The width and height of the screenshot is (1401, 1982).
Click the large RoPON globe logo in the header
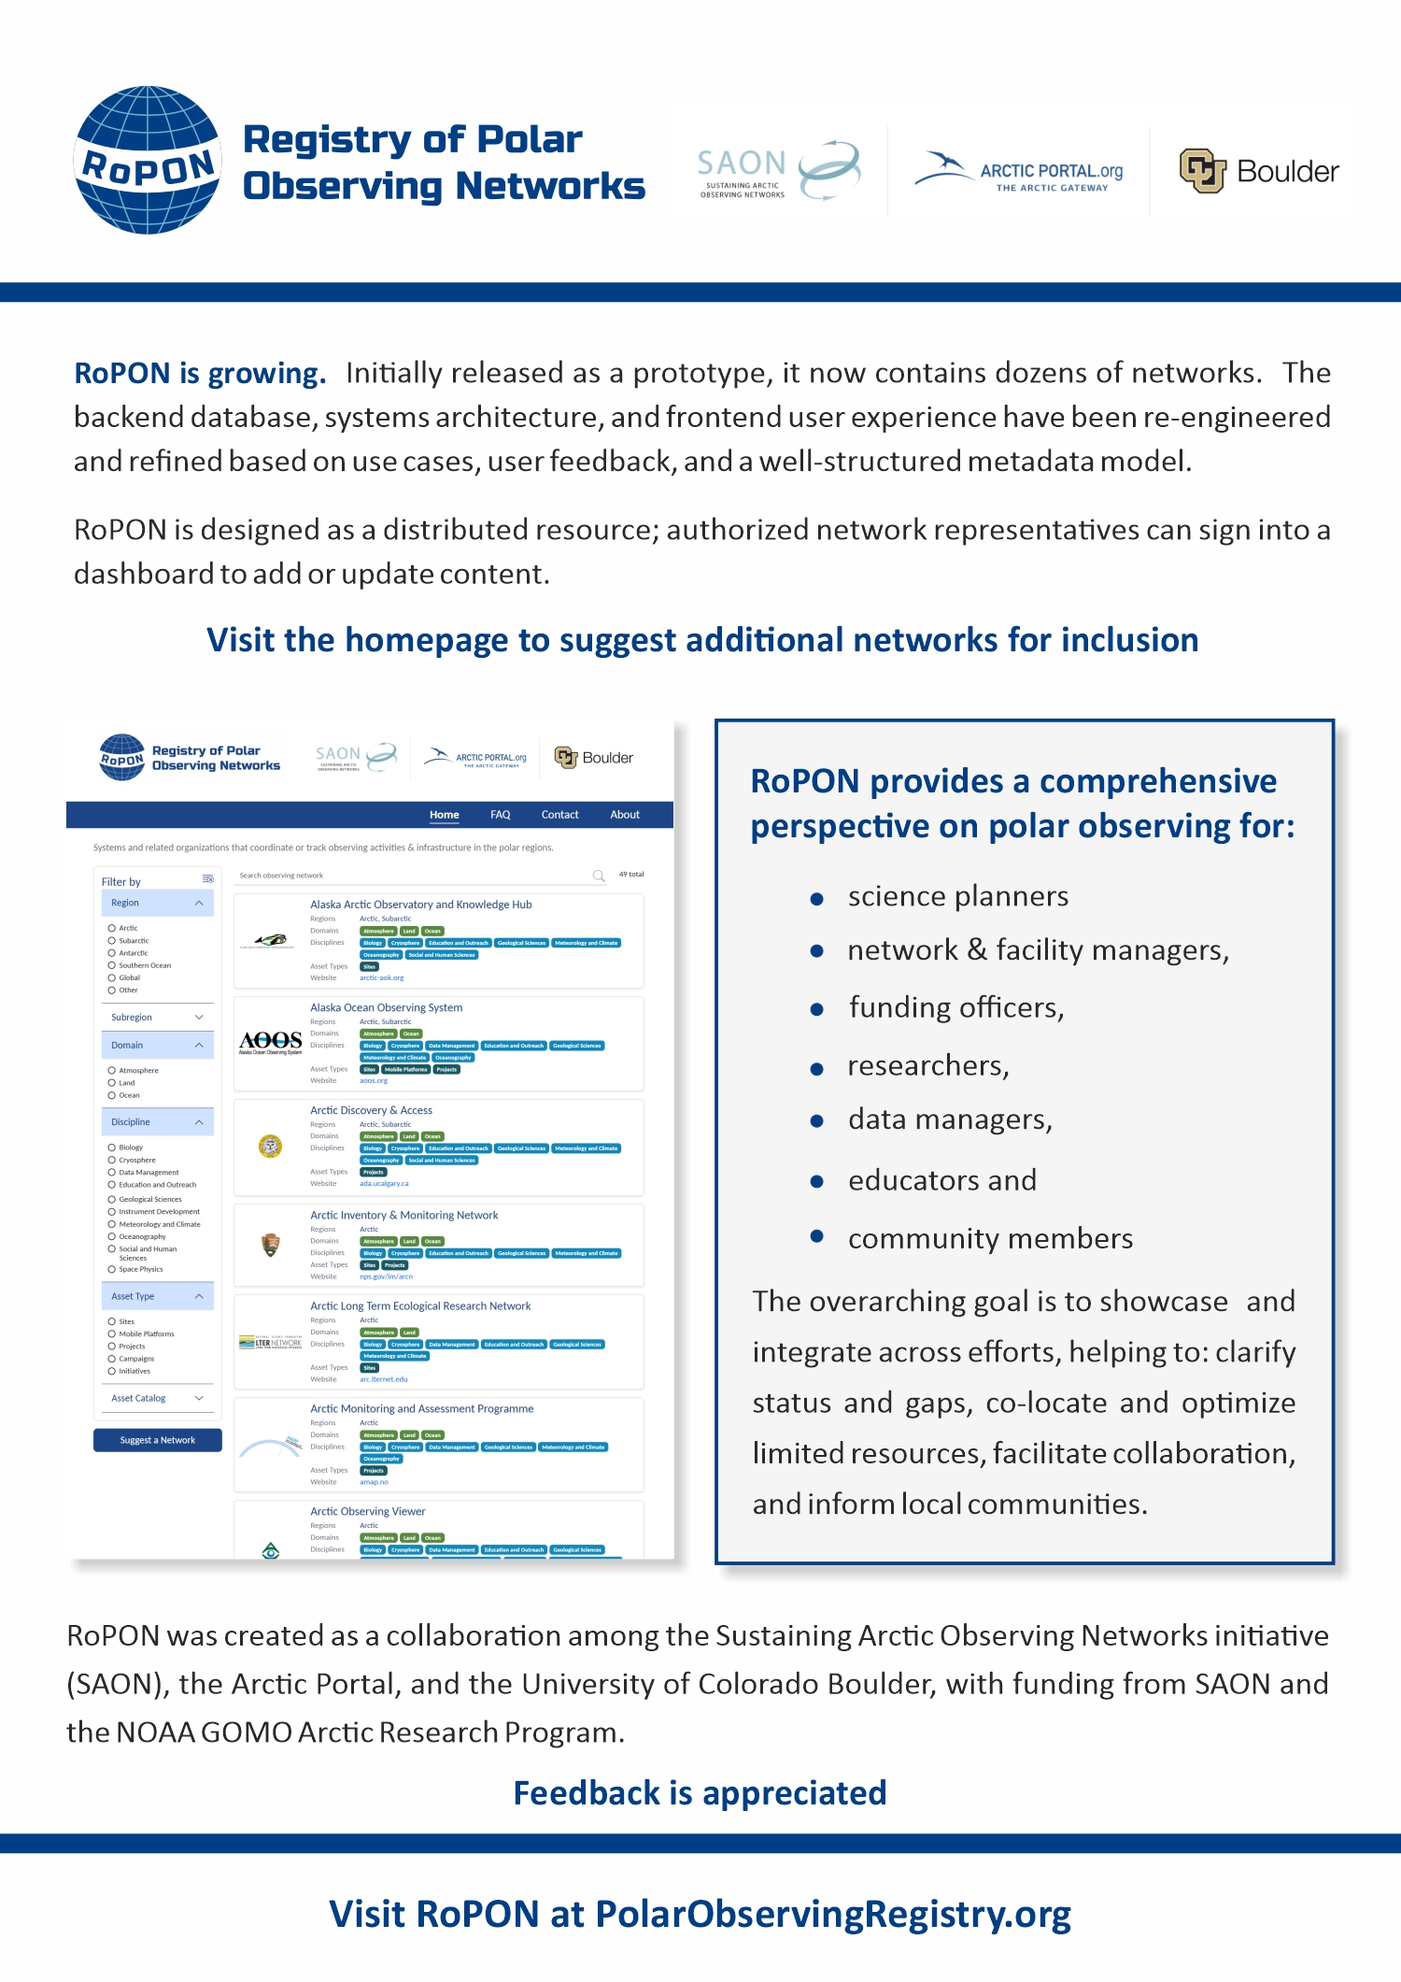point(148,160)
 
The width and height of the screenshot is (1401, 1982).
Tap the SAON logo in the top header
point(778,170)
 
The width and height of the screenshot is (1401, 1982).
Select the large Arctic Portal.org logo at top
point(1019,171)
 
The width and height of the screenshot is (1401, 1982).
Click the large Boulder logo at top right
point(1258,171)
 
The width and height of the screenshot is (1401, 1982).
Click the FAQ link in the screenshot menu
point(500,815)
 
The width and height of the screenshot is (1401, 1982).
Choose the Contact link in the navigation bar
point(559,815)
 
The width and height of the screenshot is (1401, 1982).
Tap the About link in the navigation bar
point(625,815)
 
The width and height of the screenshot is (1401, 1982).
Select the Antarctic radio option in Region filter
point(112,953)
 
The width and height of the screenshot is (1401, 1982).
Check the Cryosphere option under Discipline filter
point(112,1160)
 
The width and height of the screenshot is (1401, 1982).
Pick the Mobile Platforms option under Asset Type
point(112,1334)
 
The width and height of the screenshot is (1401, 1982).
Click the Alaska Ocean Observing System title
point(386,1007)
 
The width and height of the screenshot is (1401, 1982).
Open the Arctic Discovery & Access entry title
point(371,1110)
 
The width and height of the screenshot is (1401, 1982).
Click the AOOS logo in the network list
point(270,1042)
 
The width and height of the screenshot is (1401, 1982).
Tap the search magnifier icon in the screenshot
point(599,876)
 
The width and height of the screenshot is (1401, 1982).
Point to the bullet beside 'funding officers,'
point(817,1010)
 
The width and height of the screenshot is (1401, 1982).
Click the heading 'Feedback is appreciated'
point(700,1793)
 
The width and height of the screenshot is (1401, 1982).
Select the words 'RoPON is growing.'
point(200,373)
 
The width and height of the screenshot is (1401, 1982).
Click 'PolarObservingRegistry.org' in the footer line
point(832,1914)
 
